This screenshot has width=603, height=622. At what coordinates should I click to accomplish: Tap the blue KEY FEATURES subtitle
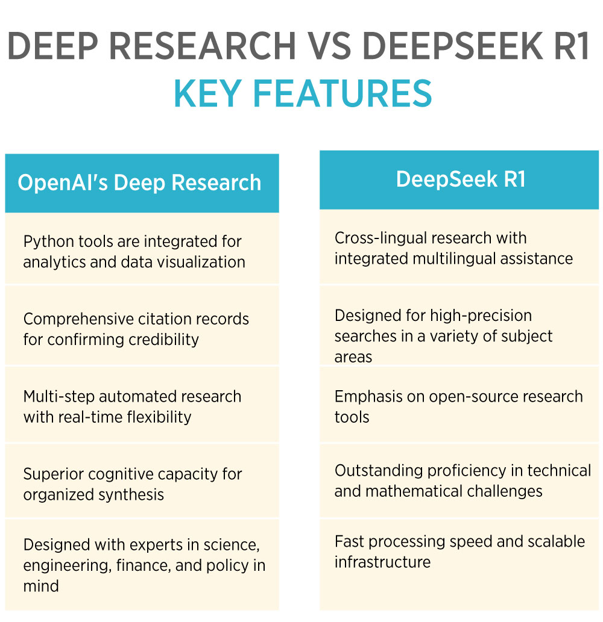click(303, 94)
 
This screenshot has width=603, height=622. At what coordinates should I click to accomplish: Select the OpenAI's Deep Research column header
click(139, 183)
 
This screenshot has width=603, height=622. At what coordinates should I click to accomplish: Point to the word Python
click(48, 242)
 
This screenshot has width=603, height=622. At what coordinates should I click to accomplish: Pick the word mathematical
click(418, 491)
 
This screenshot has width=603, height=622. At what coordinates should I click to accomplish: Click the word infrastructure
click(382, 562)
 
